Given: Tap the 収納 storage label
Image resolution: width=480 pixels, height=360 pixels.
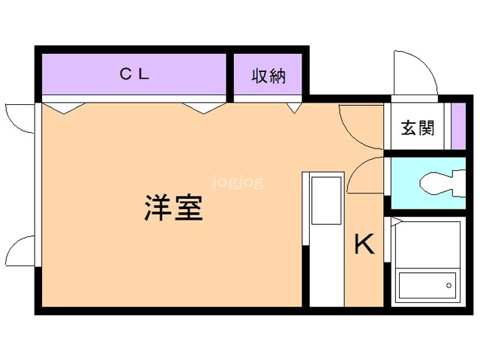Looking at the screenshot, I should tap(268, 76).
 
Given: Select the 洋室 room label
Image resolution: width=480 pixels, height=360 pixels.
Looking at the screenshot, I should tap(173, 208).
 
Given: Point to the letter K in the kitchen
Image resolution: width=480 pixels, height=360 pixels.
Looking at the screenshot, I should tap(364, 244).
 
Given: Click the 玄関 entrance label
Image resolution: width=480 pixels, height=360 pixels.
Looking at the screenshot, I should tap(418, 127).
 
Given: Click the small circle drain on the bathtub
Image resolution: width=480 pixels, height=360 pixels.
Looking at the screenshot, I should tap(449, 284).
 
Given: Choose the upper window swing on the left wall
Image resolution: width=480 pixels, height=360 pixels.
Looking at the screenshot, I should tap(16, 116).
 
